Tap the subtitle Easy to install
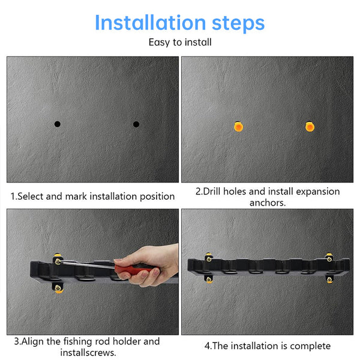pos(180,43)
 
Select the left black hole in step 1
pos(57,124)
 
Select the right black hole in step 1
pos(136,124)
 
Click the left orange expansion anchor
pos(238,126)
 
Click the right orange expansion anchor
pos(310,125)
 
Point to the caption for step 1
pos(93,196)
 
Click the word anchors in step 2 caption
pos(267,203)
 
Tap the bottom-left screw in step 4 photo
pos(209,279)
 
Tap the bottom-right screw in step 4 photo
pos(329,279)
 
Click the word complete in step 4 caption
pos(310,346)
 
